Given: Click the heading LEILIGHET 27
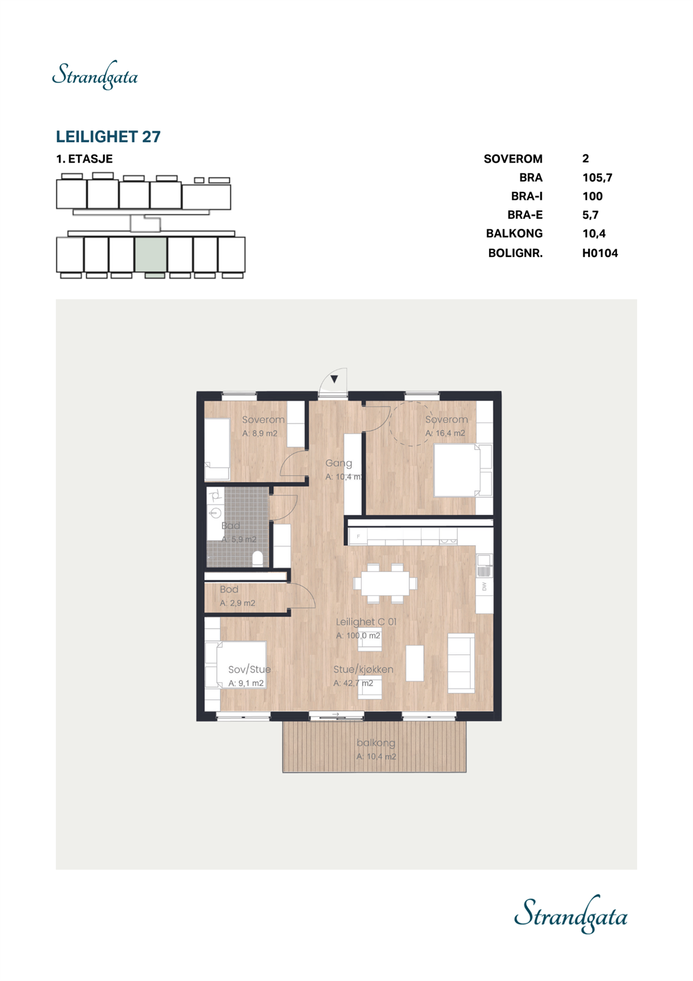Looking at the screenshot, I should [108, 136].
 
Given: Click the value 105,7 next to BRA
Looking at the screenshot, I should [597, 178].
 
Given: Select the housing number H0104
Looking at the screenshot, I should [599, 253].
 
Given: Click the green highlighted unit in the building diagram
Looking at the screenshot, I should [151, 254].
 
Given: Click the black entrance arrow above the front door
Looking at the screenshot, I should [334, 379].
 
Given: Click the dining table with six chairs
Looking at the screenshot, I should [385, 582].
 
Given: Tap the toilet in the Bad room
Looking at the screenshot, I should [258, 557].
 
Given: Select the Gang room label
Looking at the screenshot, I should [338, 463].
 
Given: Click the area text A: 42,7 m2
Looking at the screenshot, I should [352, 683].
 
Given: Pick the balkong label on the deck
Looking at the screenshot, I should [376, 742].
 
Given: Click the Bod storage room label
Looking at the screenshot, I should [229, 589].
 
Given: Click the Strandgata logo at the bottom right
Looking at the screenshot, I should [570, 914].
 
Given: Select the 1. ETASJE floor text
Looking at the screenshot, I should [85, 159].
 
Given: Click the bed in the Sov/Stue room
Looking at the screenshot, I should [241, 665].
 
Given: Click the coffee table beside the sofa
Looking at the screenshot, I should [415, 663].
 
